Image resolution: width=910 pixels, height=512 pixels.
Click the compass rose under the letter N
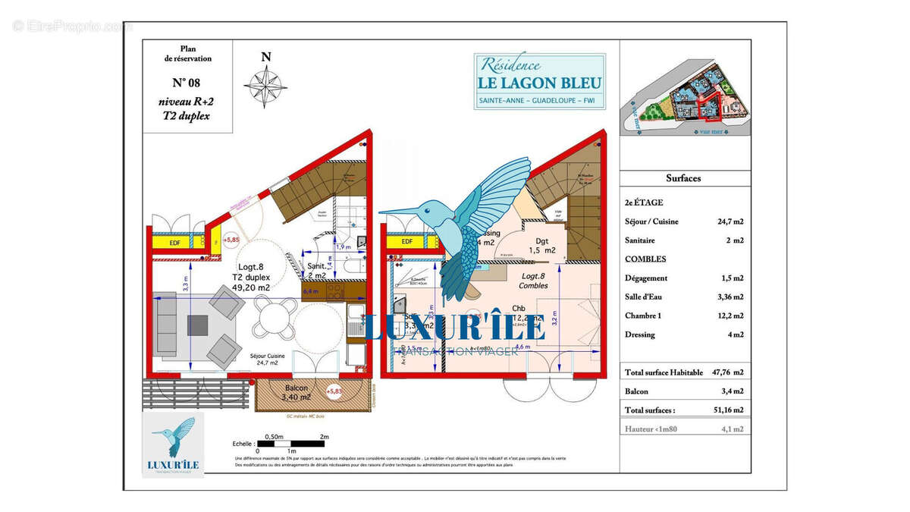265,83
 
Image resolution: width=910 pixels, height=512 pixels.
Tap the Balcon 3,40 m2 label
294,391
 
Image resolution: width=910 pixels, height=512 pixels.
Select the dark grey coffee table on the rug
198,325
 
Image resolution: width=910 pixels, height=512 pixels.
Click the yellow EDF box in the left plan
175,243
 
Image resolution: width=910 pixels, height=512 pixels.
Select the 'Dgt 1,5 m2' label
542,244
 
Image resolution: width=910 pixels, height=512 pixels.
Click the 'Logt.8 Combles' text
532,281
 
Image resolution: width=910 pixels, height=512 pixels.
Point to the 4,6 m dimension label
522,347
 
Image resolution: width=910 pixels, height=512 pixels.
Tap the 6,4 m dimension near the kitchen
310,291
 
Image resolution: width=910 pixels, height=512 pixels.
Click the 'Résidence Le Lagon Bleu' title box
540,81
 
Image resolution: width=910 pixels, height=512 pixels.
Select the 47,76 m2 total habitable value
727,372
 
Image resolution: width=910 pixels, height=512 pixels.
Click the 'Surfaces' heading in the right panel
683,178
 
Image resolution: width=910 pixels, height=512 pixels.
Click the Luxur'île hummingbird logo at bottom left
173,445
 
